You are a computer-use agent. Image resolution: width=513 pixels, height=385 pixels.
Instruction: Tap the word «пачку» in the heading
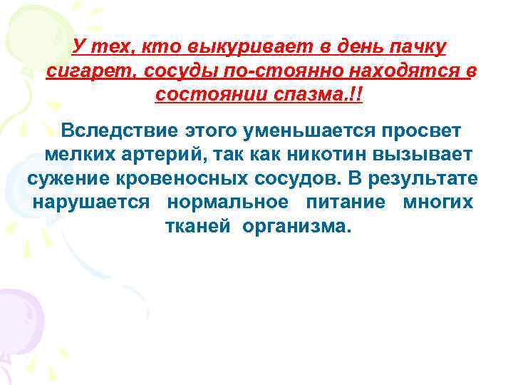pos(417,47)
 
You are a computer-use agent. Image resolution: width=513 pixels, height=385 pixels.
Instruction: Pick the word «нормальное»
pos(228,202)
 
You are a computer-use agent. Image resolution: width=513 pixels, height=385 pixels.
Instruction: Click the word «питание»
pos(346,202)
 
